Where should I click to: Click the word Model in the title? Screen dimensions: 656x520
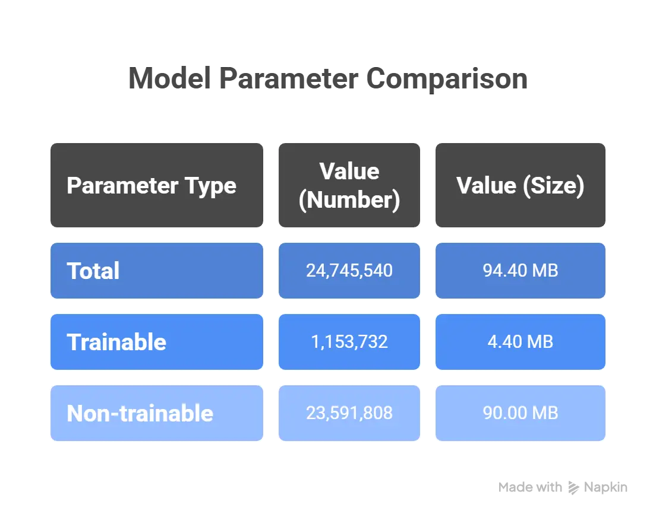pos(169,78)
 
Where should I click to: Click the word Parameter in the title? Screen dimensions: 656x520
pos(289,78)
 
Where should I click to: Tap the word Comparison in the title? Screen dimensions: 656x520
pos(447,78)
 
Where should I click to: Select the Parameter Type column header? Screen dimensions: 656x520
pos(157,185)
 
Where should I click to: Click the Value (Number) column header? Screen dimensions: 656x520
pos(349,185)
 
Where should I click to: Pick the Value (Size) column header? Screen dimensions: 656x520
pos(521,185)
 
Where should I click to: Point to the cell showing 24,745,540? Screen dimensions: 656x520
pos(349,271)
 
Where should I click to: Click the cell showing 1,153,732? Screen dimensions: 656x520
pos(349,342)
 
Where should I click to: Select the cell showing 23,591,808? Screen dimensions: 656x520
pos(349,413)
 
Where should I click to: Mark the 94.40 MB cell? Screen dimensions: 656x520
pos(521,271)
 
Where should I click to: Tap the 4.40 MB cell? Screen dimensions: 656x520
pos(521,342)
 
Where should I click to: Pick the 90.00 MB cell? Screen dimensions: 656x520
pos(521,413)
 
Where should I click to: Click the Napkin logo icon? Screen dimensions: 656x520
pos(573,488)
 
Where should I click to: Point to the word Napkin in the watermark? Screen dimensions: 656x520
pos(605,487)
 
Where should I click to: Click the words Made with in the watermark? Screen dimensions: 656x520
pos(530,487)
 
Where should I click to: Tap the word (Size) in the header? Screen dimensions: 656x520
pos(554,186)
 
